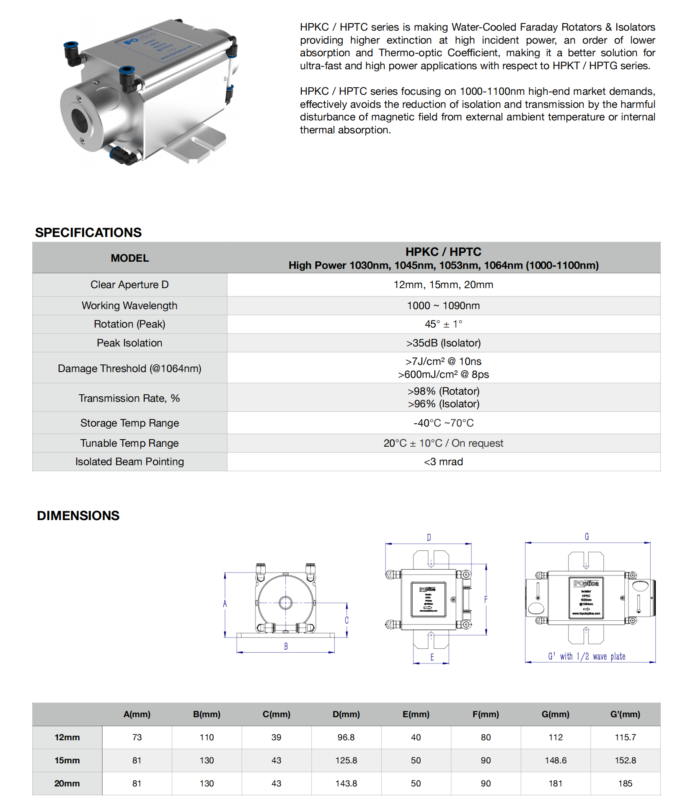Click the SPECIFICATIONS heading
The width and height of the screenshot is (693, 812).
click(x=88, y=232)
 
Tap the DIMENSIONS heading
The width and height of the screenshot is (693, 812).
click(x=78, y=515)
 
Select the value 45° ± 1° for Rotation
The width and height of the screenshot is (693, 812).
click(x=443, y=324)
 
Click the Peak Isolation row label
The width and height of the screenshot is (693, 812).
click(x=129, y=343)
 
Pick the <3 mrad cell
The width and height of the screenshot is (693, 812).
click(x=443, y=462)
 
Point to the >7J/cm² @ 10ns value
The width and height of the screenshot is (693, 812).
click(x=443, y=362)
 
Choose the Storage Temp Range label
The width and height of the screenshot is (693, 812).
click(x=129, y=423)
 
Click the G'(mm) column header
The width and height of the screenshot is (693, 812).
click(x=625, y=714)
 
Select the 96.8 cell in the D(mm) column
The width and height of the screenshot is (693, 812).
click(x=346, y=737)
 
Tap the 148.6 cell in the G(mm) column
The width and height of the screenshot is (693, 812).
click(x=556, y=760)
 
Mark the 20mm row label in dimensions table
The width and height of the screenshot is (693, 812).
click(x=67, y=783)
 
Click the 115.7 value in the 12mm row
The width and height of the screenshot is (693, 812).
click(x=625, y=737)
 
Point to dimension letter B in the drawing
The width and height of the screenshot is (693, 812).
click(x=286, y=646)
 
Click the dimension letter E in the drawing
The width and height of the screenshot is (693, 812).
click(x=432, y=657)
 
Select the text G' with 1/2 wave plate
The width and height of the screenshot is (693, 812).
click(x=587, y=656)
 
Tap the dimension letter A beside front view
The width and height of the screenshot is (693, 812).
click(x=225, y=604)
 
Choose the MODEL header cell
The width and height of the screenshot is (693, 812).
click(x=129, y=258)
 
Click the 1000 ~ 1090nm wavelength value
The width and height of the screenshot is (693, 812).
click(x=443, y=306)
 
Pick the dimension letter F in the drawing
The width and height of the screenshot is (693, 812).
click(x=486, y=599)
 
